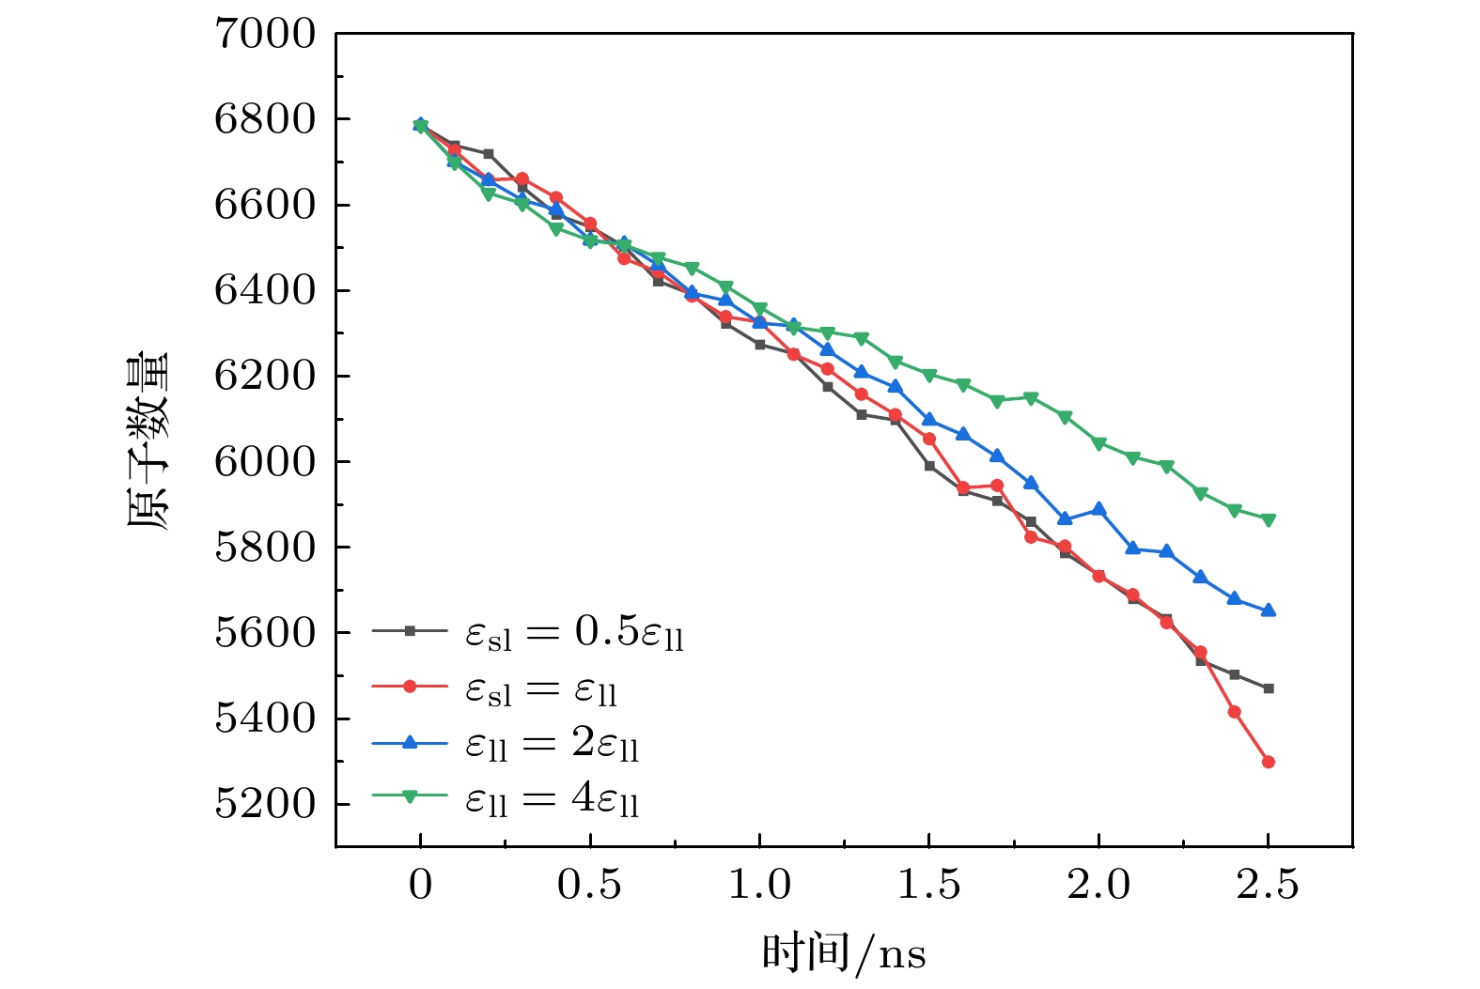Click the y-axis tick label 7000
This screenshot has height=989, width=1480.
click(x=265, y=34)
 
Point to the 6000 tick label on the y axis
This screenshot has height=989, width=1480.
click(x=265, y=462)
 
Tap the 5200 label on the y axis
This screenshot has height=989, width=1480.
click(x=265, y=804)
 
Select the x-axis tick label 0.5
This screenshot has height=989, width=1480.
click(x=589, y=886)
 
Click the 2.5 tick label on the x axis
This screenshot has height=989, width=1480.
click(x=1268, y=886)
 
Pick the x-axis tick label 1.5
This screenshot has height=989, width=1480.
click(x=928, y=886)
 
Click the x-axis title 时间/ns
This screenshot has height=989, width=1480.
click(x=843, y=953)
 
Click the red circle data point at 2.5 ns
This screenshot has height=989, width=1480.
click(x=1269, y=762)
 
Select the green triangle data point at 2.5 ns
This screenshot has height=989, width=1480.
click(x=1269, y=519)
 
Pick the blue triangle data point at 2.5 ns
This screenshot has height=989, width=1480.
click(x=1269, y=610)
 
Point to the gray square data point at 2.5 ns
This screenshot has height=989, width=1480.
click(x=1269, y=688)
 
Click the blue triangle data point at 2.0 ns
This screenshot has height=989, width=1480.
click(x=1098, y=509)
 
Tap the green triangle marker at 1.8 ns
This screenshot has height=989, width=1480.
click(x=1031, y=398)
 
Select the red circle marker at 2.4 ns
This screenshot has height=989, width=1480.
click(x=1235, y=712)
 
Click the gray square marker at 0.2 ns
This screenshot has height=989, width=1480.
click(x=489, y=153)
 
